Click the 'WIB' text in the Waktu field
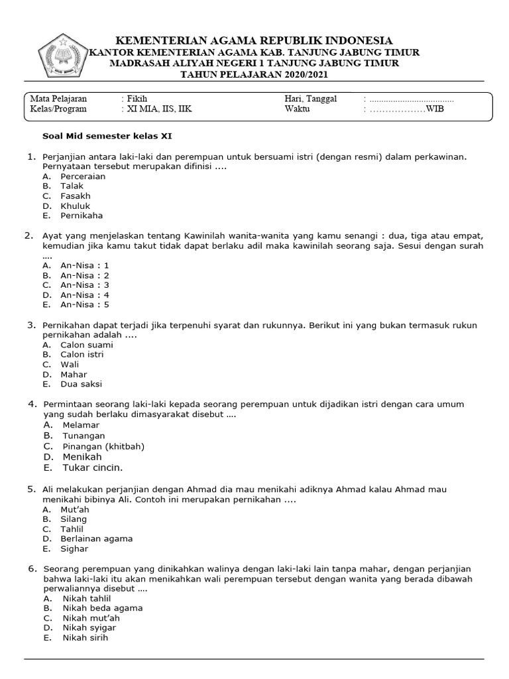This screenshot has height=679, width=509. click(x=435, y=109)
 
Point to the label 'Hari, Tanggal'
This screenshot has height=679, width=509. click(x=311, y=99)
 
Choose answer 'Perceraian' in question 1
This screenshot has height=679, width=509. click(x=83, y=177)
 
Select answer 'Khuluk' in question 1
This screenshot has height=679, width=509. click(x=75, y=206)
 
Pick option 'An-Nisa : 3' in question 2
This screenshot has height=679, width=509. click(x=84, y=285)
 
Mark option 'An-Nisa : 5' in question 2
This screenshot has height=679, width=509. click(x=84, y=305)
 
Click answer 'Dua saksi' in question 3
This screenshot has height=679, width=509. click(x=81, y=384)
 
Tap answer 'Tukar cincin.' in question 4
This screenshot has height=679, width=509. click(x=93, y=467)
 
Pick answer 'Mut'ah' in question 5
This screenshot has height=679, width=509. click(x=74, y=509)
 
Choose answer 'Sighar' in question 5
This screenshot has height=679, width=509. click(x=74, y=549)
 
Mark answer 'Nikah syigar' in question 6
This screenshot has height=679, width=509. click(x=89, y=628)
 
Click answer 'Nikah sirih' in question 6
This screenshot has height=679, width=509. click(x=85, y=638)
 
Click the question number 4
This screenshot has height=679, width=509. click(x=31, y=404)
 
